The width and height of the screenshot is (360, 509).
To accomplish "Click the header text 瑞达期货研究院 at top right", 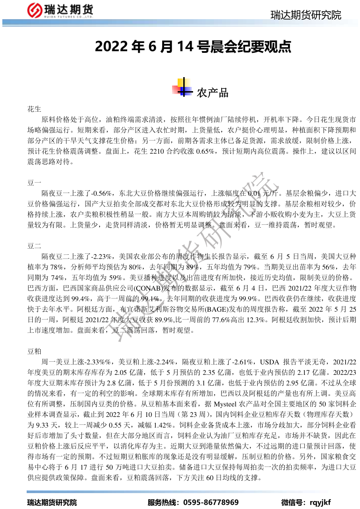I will pos(306,15).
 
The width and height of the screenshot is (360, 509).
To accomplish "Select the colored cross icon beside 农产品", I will pos(182,88).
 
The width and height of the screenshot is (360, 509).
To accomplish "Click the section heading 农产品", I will pos(213,93).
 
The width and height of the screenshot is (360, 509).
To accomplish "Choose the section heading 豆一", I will pos(35,183).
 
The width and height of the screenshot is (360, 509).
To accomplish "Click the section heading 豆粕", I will pos(35,350).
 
